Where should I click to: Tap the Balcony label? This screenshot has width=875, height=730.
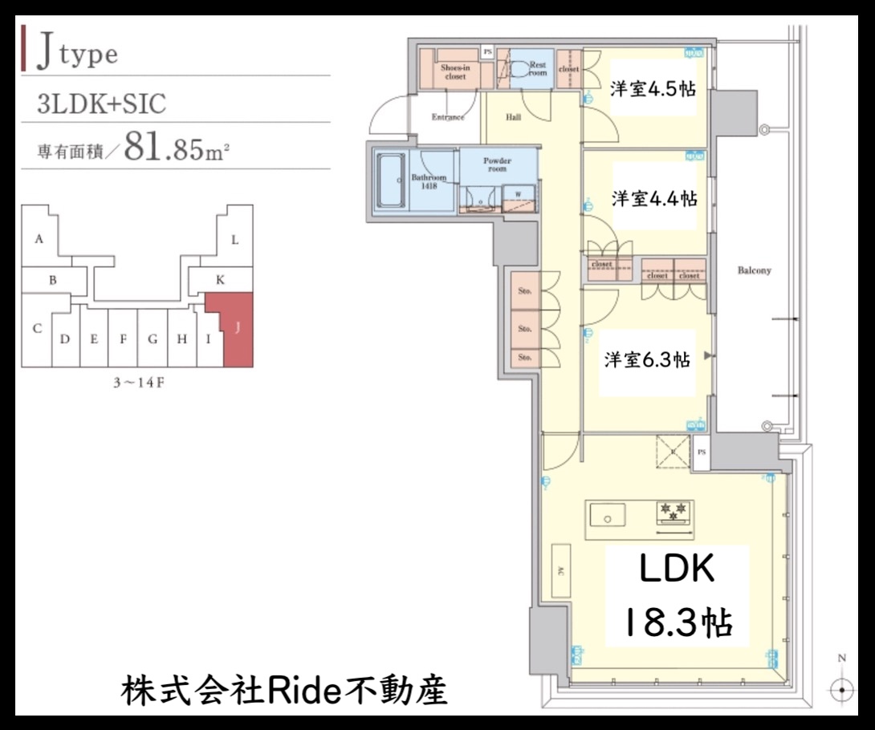754,270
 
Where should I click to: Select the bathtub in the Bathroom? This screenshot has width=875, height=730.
391,180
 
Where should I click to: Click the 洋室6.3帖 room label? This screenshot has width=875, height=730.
647,360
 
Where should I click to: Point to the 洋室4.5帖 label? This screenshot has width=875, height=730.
652,89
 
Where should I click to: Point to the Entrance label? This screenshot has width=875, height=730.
448,117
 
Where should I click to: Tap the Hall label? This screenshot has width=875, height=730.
514,117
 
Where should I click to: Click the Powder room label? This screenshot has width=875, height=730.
497,164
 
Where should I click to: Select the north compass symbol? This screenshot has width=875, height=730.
841,688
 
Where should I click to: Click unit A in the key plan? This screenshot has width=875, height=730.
39,239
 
